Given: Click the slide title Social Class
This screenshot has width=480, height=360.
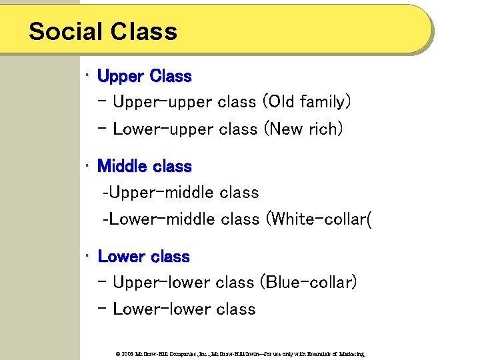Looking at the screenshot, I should tap(103, 31).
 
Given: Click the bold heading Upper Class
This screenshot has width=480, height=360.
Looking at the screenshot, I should tap(144, 77).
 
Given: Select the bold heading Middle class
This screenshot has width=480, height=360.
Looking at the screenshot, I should tap(144, 167).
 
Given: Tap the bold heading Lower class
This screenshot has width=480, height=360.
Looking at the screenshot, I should tap(143, 257).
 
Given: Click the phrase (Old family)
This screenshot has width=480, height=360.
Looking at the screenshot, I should tap(306, 102).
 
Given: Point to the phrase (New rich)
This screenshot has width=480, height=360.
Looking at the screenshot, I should tap(303, 129).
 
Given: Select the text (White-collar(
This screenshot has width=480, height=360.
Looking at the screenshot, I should tap(318, 219).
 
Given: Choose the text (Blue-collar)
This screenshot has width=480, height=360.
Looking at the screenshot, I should tap(308, 283).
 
